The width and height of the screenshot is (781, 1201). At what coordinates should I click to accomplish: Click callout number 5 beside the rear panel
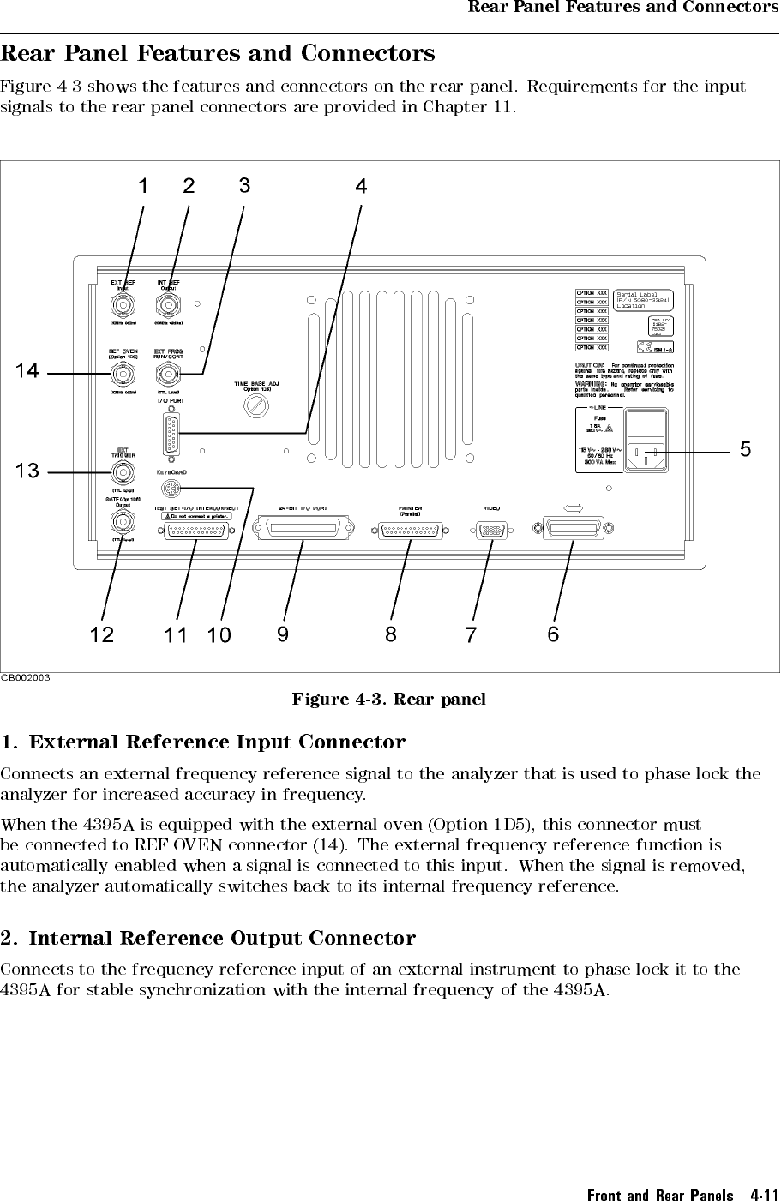(x=745, y=449)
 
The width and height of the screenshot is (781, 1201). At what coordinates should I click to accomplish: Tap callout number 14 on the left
(x=27, y=371)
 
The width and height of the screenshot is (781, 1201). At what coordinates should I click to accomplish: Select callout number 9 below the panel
(x=283, y=634)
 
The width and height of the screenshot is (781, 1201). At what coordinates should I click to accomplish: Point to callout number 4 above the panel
(x=361, y=186)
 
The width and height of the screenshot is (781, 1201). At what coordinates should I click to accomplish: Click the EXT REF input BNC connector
(x=123, y=305)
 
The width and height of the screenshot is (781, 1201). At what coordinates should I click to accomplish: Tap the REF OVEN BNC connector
(x=123, y=374)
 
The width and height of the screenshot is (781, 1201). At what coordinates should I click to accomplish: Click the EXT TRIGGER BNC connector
(x=123, y=471)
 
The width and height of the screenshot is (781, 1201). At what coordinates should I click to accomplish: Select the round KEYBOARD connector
(x=170, y=489)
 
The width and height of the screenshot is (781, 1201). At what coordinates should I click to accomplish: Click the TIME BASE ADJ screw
(x=255, y=406)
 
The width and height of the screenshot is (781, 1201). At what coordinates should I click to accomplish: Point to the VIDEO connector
(x=491, y=530)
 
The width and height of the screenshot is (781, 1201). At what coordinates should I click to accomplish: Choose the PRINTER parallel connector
(x=410, y=530)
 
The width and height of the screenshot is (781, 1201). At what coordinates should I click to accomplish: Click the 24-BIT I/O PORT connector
(x=303, y=530)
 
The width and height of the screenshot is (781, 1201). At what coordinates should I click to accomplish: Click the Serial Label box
(x=643, y=300)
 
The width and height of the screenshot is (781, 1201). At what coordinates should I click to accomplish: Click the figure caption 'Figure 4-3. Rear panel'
(x=389, y=699)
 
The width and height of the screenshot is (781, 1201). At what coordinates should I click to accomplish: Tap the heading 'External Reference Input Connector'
(x=217, y=742)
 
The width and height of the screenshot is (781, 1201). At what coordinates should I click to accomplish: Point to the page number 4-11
(x=763, y=1194)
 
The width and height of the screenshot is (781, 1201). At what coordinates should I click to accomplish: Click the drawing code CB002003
(x=26, y=677)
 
